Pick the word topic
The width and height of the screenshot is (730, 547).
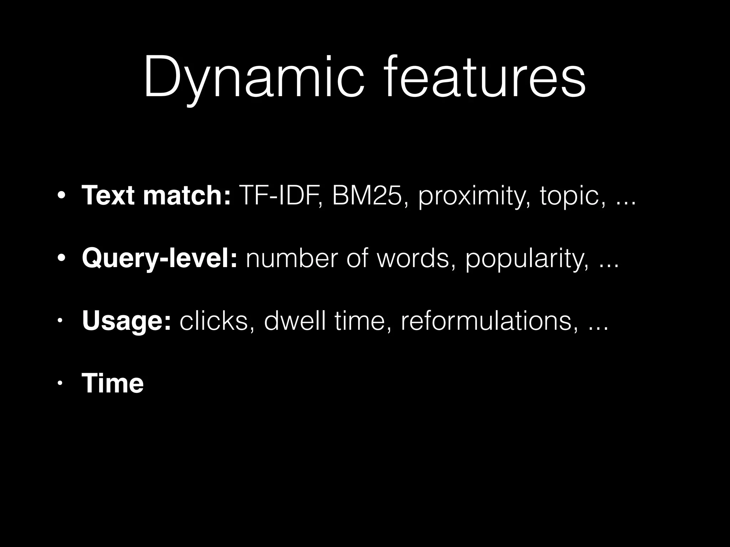(x=572, y=197)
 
